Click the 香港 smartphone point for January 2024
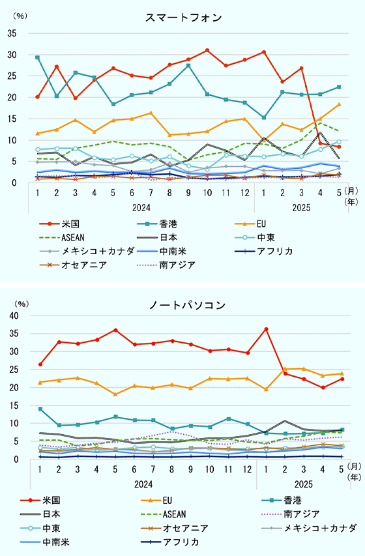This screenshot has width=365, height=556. coord(38,57)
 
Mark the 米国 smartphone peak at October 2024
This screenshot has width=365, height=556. coord(207,50)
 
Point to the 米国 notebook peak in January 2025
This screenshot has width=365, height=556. coord(266,329)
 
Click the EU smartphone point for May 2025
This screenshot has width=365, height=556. coord(338,104)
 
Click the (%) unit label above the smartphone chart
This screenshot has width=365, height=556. coord(20,14)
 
